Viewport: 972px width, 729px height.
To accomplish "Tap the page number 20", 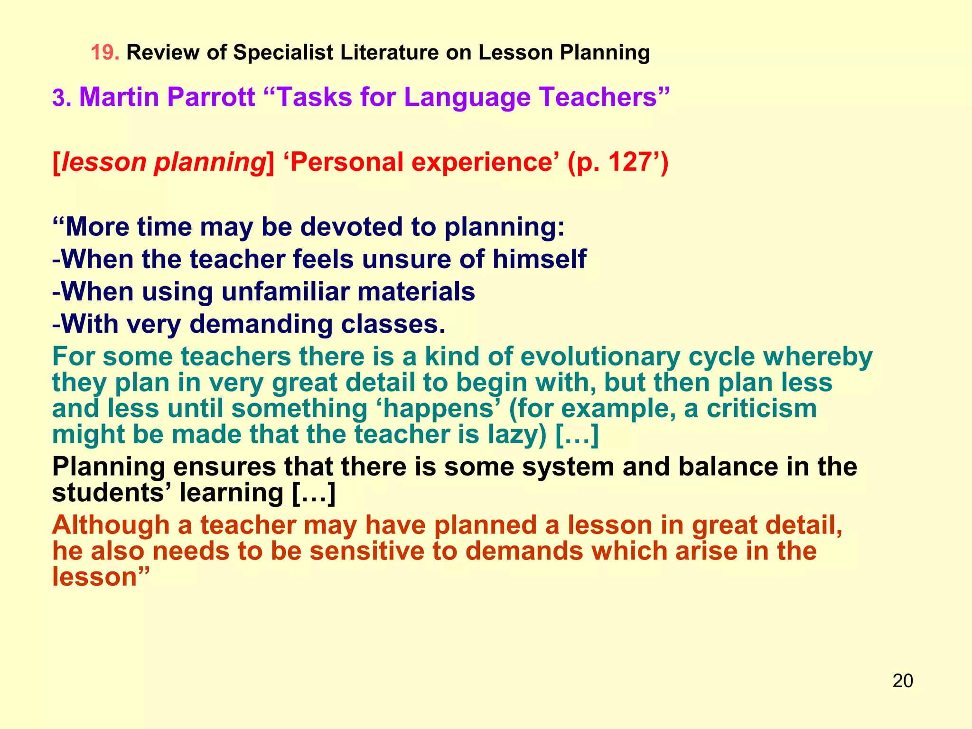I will click(902, 681).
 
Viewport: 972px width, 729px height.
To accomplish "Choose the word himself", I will click(539, 259).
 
